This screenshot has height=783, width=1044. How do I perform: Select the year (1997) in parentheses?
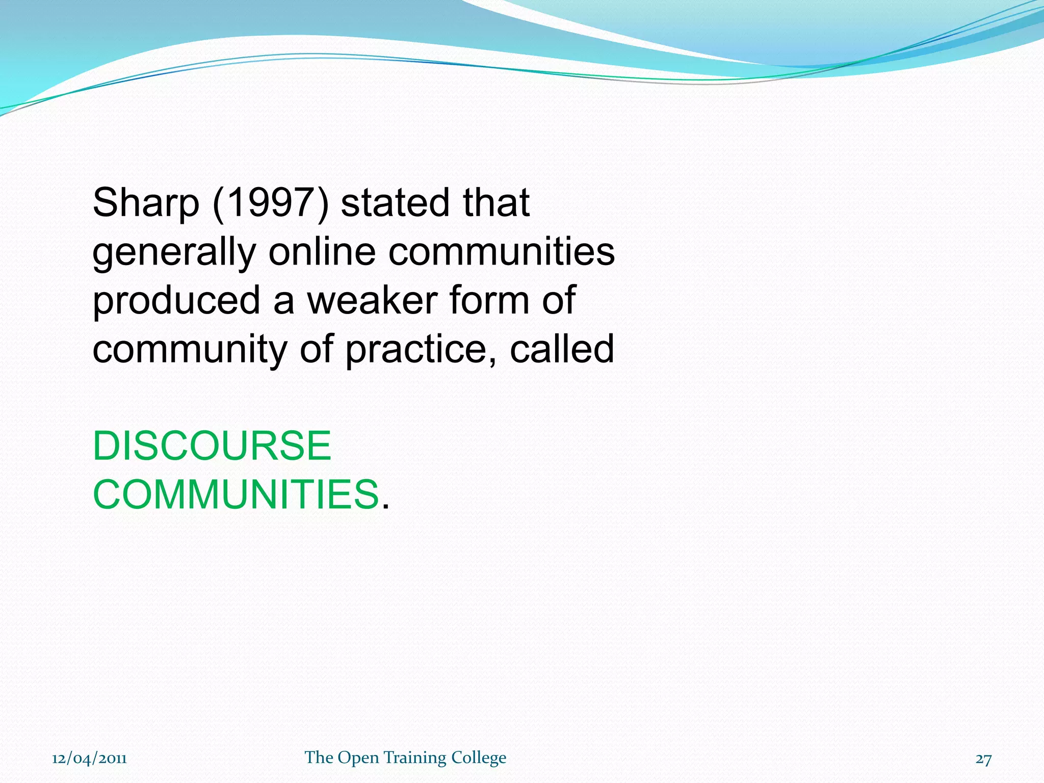[271, 203]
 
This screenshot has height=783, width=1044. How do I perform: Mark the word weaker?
[372, 300]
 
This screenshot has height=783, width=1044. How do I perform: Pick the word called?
[562, 349]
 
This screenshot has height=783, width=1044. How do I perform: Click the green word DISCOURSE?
[212, 446]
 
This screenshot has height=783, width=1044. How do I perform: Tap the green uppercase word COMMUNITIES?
[236, 494]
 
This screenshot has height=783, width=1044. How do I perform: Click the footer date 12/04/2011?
[89, 759]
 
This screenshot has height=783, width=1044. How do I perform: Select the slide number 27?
[983, 759]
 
